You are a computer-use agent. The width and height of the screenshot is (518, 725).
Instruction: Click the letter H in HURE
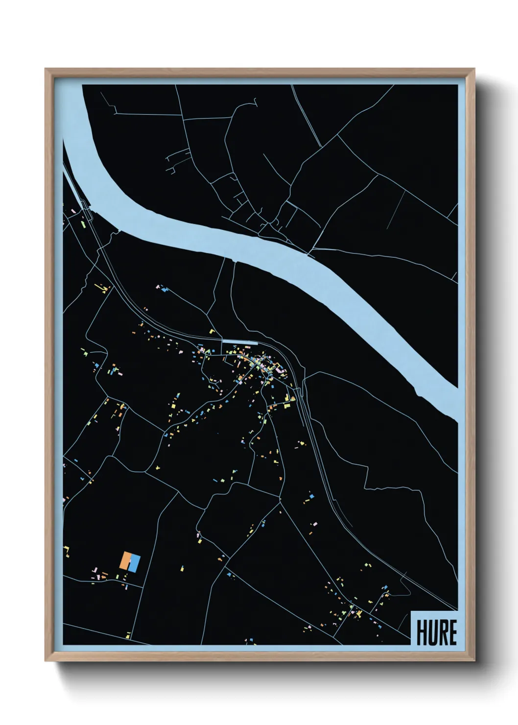[x=422, y=632]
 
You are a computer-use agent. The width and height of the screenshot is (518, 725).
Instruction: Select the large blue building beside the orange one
[x=135, y=564]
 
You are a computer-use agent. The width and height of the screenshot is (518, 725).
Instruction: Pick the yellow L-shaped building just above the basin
[x=212, y=332]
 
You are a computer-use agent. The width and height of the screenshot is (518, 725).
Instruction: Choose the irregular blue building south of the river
[x=164, y=290]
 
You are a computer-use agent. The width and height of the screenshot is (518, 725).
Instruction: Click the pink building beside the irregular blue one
[x=158, y=287]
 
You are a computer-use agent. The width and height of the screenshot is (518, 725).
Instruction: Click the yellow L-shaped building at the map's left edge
[x=66, y=549]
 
